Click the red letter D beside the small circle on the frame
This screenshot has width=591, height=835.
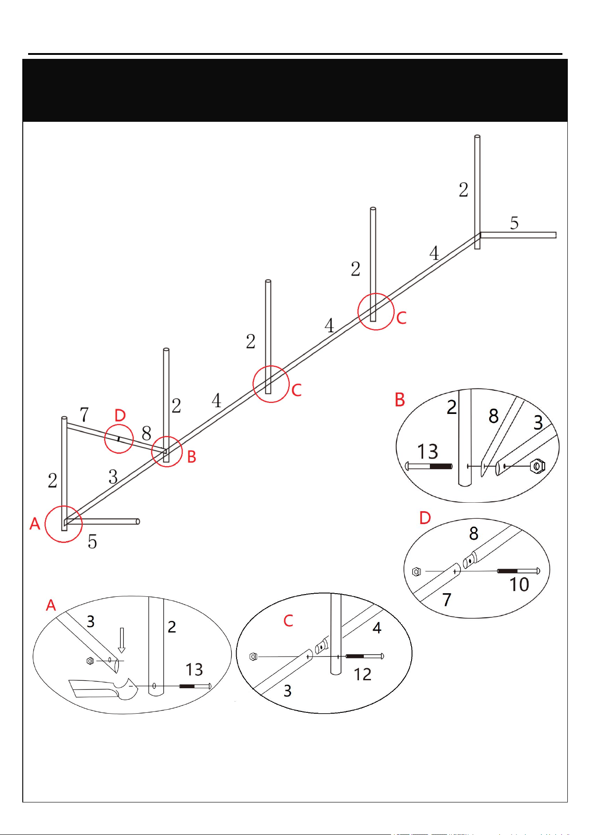coord(120,415)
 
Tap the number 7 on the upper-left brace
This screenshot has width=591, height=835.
coord(84,414)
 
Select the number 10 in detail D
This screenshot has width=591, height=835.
coord(519,584)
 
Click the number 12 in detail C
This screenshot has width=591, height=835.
coord(362,674)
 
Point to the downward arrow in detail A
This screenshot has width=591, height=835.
coord(121,641)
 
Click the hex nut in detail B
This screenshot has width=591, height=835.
coord(537,466)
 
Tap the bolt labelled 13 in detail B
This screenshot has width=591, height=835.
coord(429,467)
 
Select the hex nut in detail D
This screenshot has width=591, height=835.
coord(416,571)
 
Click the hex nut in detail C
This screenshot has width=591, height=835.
coord(253,657)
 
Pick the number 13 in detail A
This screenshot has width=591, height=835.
coord(194,670)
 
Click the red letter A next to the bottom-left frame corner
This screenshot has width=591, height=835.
coord(35,523)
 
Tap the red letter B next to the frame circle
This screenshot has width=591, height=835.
coord(191,457)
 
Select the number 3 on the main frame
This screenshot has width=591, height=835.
coord(113,477)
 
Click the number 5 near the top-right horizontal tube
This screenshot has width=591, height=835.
coord(514,223)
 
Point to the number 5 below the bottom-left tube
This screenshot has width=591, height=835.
coord(92,542)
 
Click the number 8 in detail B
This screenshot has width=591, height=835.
coord(493,416)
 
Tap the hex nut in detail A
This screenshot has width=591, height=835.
coord(90,661)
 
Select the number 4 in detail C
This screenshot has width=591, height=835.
coord(377,628)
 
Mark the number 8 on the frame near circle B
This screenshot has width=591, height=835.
coord(146,433)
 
